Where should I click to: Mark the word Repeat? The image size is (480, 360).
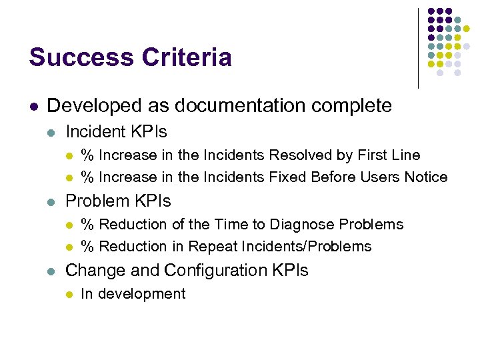coord(209,247)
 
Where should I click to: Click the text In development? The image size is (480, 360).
coord(133,294)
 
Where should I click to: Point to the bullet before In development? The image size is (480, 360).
coord(68,295)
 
